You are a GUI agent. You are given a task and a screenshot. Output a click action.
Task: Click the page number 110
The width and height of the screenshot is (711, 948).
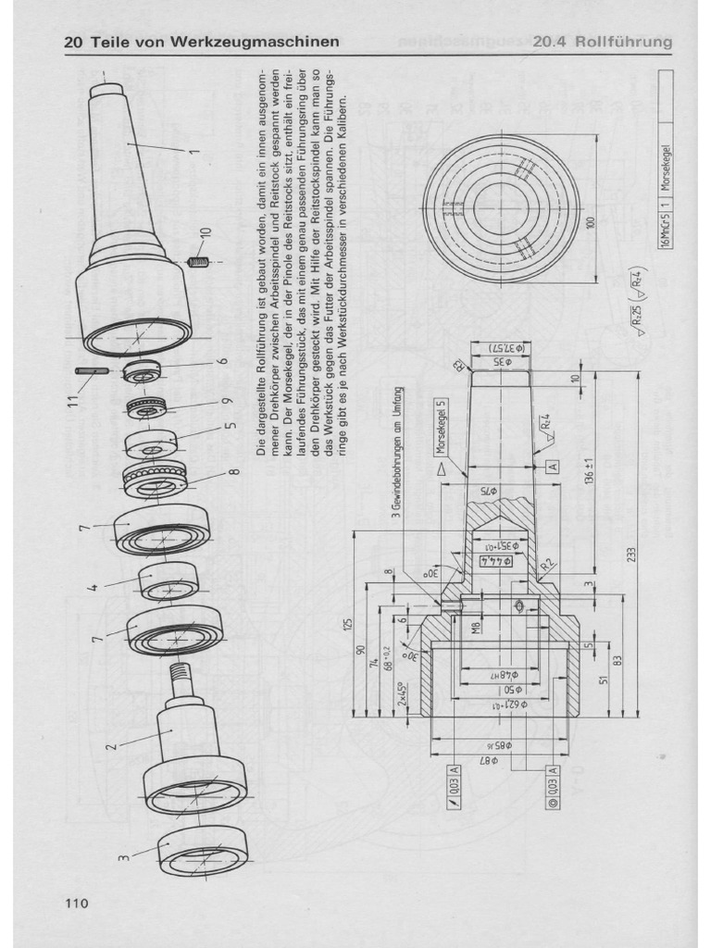click(75, 903)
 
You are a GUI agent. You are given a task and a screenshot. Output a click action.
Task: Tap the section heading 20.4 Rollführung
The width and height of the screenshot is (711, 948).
click(602, 43)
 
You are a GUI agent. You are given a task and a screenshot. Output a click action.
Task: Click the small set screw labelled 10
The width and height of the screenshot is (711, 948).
click(196, 262)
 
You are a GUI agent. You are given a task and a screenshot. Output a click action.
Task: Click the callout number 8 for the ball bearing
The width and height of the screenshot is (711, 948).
click(234, 473)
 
